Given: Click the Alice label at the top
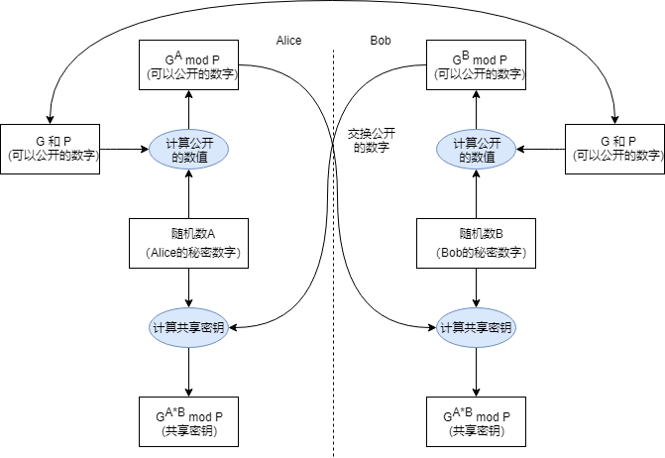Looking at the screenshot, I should tap(288, 41).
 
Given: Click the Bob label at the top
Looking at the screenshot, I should tap(380, 41).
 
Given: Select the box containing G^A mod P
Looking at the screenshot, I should tap(188, 65).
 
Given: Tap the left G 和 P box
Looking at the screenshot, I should tap(51, 149).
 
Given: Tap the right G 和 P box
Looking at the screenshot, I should tap(613, 149).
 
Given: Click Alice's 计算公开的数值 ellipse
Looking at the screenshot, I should tap(188, 150).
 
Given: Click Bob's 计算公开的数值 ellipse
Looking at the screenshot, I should tap(478, 150).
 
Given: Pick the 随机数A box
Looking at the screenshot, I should tap(188, 243).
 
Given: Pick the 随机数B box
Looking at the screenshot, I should tap(478, 243).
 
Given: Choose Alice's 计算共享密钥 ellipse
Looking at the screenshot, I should tap(188, 327).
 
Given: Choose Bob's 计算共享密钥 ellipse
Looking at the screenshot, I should tap(478, 327).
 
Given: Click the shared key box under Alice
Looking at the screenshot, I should tap(188, 422).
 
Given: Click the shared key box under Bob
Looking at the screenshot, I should tap(478, 422).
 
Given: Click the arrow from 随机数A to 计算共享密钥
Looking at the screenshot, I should tap(188, 287).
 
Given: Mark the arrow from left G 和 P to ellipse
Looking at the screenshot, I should tap(124, 150).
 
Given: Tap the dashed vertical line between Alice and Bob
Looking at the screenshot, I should tap(334, 397).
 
